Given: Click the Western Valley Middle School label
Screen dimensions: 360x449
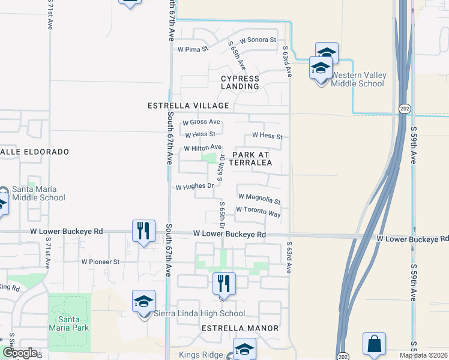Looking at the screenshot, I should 358,79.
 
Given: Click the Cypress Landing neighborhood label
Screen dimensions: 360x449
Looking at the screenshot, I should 240,82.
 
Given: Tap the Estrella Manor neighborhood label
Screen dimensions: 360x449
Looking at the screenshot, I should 240,328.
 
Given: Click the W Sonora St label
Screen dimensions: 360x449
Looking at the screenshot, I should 256,40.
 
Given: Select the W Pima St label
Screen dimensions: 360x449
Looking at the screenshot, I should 192,49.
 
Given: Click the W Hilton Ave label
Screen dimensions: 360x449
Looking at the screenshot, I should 203,147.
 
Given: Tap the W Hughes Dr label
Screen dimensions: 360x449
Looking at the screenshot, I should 194,187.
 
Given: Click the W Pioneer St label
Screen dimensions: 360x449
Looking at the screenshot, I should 101,262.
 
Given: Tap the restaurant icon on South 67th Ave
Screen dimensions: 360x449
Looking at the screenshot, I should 143,230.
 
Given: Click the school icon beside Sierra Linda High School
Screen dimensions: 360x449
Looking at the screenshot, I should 143,301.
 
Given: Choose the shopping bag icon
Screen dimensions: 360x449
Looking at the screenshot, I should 374,344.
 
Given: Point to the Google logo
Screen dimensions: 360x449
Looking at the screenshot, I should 20,353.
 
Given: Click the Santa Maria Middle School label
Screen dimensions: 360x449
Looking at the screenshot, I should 40,193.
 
